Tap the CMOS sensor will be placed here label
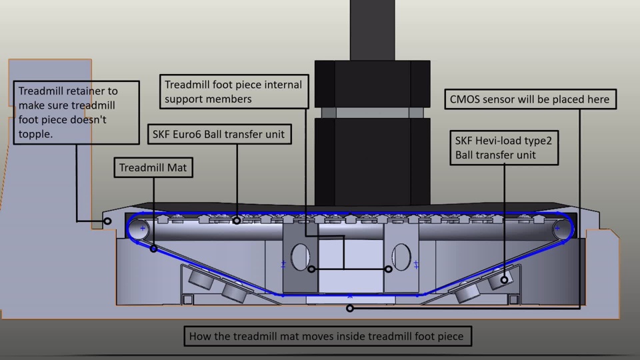coord(529,99)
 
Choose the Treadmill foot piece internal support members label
coord(233,92)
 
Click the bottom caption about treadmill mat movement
coord(326,336)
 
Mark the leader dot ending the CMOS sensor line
coord(350,309)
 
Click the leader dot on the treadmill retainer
coord(107,221)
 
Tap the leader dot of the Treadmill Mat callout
coord(153,249)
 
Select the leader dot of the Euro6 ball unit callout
coord(237,220)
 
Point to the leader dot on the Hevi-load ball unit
coord(504,281)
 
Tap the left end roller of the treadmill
coord(139,229)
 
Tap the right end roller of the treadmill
coord(560,229)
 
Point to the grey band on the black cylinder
coord(373,112)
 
